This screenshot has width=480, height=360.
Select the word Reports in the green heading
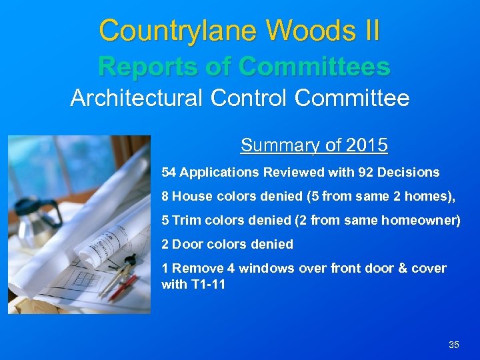click(139, 66)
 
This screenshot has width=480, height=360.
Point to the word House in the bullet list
click(192, 197)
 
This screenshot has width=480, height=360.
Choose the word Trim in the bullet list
click(186, 220)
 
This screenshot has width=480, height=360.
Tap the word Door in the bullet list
click(187, 244)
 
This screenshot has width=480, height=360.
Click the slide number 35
click(454, 345)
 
